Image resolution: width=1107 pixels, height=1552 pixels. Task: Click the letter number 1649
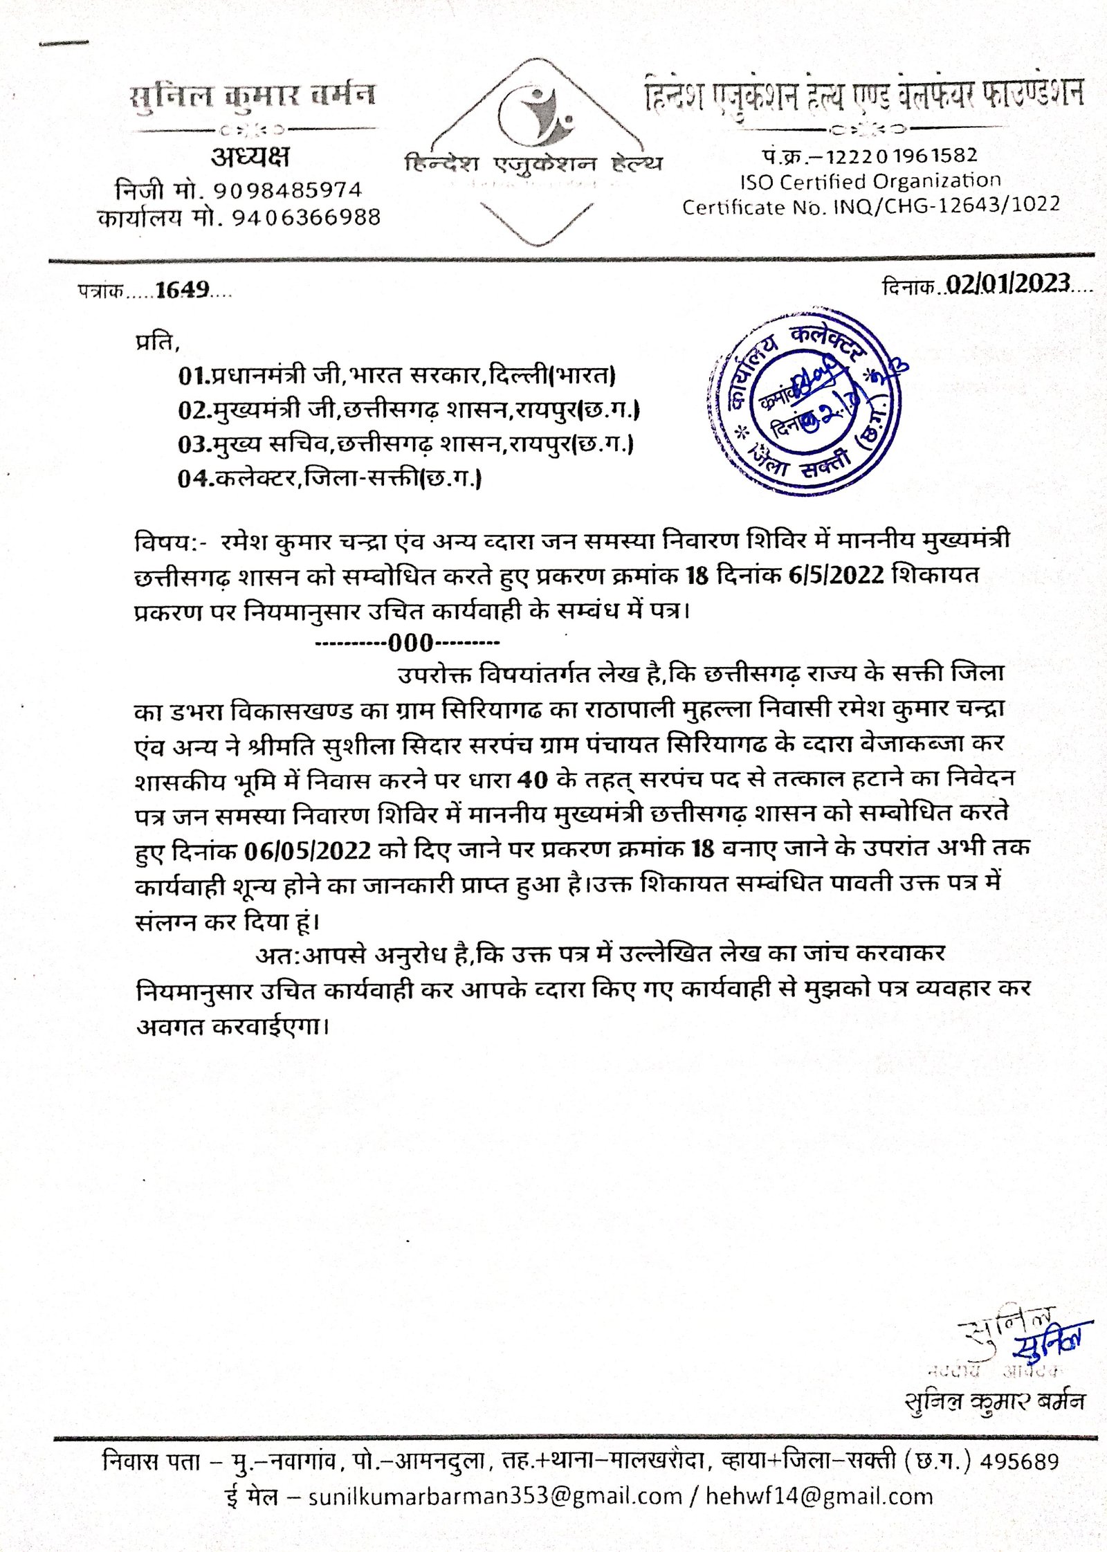[182, 290]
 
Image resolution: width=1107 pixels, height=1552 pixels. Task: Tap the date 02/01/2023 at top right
[1008, 284]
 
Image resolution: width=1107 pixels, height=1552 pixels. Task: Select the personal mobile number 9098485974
[287, 190]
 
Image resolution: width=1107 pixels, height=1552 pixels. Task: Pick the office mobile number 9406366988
[306, 218]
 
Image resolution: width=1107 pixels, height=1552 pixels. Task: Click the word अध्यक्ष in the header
[250, 157]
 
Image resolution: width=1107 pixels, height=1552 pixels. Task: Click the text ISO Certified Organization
[870, 181]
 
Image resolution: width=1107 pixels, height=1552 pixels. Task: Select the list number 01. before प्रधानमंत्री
[193, 376]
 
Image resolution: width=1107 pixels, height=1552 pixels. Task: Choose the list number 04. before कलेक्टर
[193, 478]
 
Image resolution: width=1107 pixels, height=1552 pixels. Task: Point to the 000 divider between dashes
[410, 643]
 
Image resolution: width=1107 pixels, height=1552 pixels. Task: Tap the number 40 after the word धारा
[532, 780]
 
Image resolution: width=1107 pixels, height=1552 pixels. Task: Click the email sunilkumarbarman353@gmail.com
[495, 1497]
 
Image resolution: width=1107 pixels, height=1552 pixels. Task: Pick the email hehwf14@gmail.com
[819, 1497]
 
